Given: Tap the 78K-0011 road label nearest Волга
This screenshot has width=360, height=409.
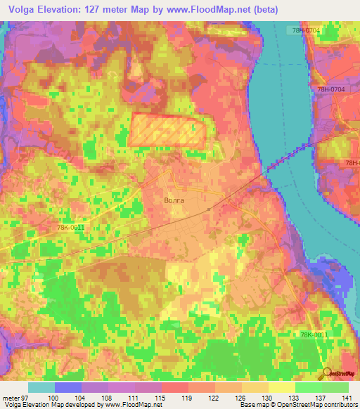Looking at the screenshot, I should coord(71,228).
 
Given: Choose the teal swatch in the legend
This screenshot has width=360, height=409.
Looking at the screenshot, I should coord(41,387).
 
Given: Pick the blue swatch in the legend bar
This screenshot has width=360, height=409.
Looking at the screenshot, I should coord(68,387).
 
